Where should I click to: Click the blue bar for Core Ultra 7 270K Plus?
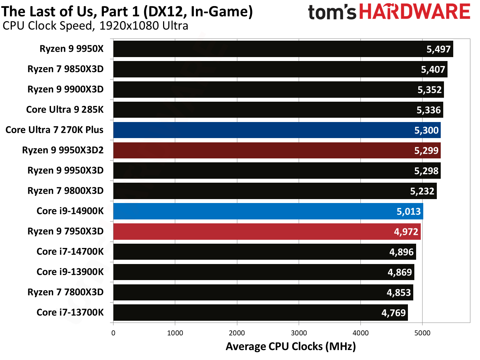[277, 130]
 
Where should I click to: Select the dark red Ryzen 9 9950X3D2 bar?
[277, 151]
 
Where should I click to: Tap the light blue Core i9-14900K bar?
[268, 211]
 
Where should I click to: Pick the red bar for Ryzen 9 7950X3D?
[267, 232]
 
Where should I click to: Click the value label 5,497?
[439, 49]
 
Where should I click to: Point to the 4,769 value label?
[393, 313]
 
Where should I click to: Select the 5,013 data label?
[409, 212]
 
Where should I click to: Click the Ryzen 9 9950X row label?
[71, 49]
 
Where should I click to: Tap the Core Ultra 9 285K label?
[65, 110]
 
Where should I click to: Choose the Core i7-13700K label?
[70, 313]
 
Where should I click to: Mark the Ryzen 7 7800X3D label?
[65, 292]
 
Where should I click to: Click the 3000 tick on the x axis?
[299, 333]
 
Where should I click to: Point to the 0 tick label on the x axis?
[113, 333]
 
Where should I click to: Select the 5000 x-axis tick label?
[422, 333]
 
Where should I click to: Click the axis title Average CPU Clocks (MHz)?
[290, 346]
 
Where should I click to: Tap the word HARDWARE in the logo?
[414, 12]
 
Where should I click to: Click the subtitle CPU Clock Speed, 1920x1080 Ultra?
[95, 26]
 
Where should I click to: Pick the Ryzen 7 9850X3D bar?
[280, 69]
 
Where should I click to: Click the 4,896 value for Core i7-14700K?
[401, 252]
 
